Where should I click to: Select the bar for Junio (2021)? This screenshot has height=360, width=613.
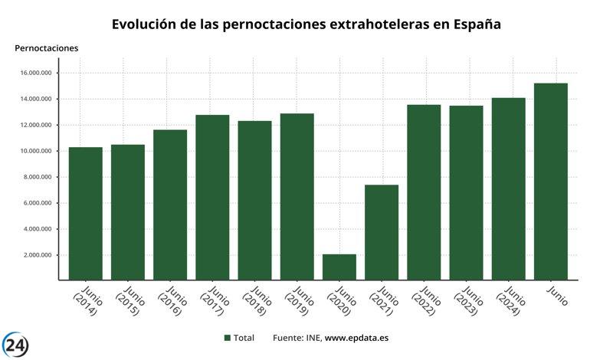pos(382,232)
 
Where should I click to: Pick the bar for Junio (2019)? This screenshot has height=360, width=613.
pos(297,196)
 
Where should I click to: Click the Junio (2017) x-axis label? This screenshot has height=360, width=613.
pos(213,301)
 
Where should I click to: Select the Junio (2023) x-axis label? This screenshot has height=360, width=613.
pos(467,301)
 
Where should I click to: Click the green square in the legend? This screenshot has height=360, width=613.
pos(228,338)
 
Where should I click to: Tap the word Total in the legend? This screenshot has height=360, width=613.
pos(244,338)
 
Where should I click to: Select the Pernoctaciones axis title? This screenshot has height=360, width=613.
pos(46,48)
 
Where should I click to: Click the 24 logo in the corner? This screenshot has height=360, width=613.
pos(15,345)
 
